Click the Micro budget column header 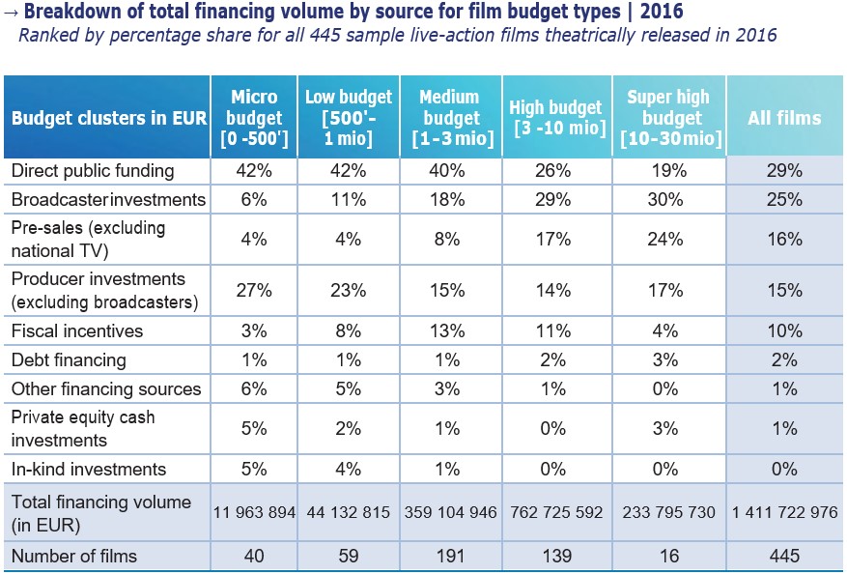(255, 118)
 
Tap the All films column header (784, 119)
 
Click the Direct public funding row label (93, 171)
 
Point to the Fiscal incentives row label (77, 330)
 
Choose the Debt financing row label (69, 359)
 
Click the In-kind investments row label (89, 470)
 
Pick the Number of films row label (74, 556)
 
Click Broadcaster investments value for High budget (555, 200)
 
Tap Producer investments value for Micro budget (255, 290)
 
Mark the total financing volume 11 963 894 (254, 512)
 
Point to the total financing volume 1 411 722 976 (785, 512)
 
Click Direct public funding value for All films (785, 171)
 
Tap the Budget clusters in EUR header (109, 119)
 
